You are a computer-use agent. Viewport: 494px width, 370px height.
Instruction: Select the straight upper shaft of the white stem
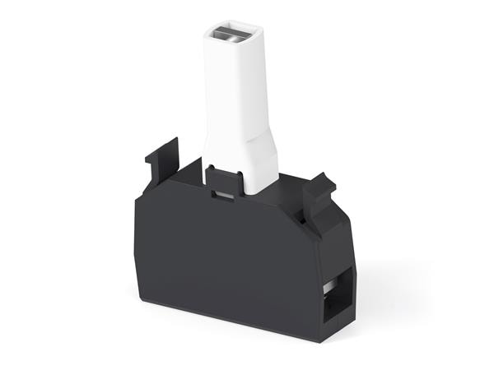click(x=231, y=82)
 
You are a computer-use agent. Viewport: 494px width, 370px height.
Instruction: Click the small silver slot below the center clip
click(x=221, y=196)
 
